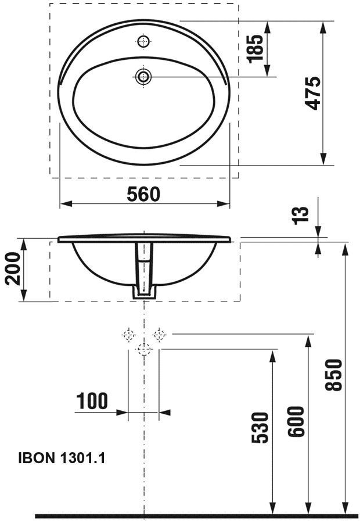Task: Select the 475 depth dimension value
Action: pyautogui.click(x=313, y=93)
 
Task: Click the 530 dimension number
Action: pyautogui.click(x=261, y=428)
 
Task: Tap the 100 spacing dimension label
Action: pyautogui.click(x=92, y=400)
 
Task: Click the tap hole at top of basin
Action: pyautogui.click(x=143, y=41)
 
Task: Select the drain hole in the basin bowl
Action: pyautogui.click(x=143, y=76)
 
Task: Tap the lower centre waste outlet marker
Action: pyautogui.click(x=143, y=349)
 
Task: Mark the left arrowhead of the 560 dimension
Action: pyautogui.click(x=65, y=204)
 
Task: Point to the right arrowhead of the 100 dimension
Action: pyautogui.click(x=164, y=413)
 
